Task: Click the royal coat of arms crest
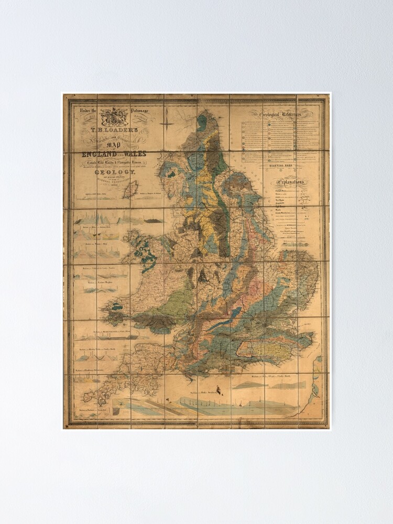tap(115, 116)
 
